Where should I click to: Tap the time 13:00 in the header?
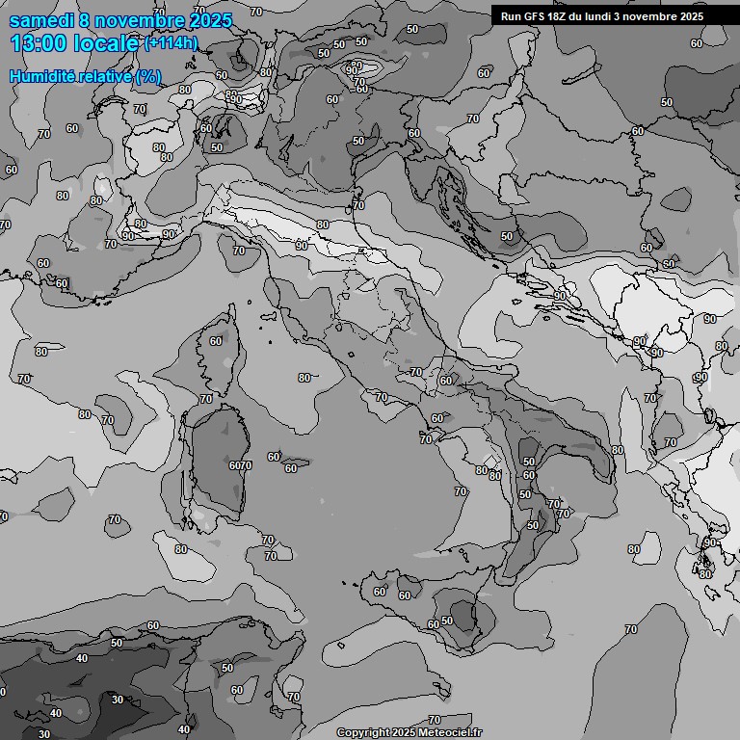click(x=38, y=44)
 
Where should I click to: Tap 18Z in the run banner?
click(x=556, y=16)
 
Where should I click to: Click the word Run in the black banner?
click(x=510, y=16)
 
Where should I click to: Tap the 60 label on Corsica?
click(x=216, y=341)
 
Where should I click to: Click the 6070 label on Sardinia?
click(x=240, y=465)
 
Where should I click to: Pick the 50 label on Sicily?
click(x=447, y=621)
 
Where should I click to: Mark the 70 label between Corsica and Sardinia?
click(x=206, y=399)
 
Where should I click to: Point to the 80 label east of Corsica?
click(x=304, y=378)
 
